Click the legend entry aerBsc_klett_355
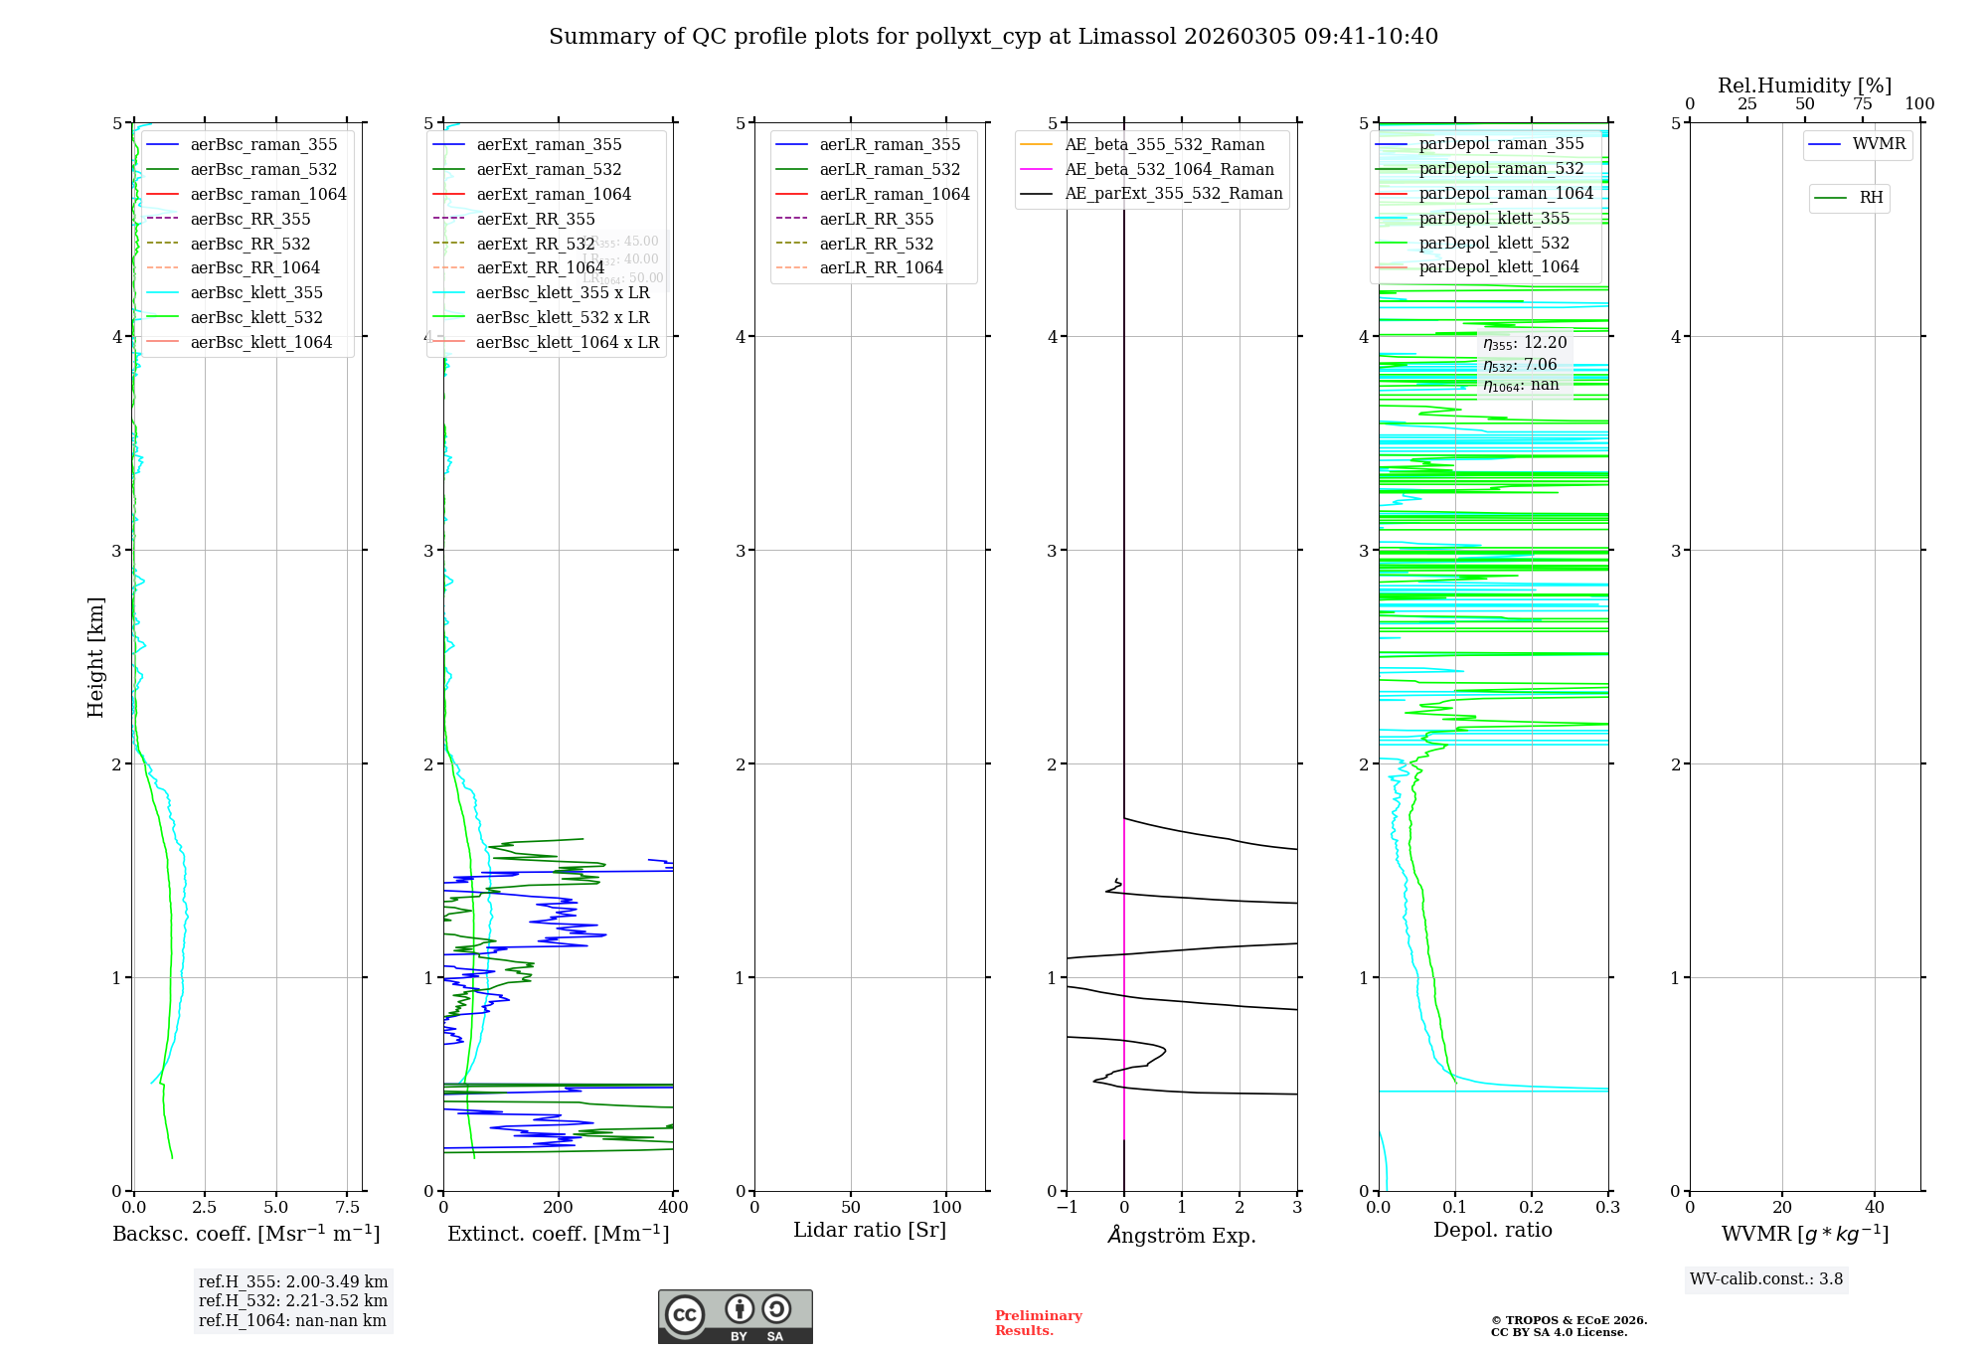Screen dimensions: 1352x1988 pos(256,292)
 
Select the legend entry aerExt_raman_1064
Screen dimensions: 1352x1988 pos(553,194)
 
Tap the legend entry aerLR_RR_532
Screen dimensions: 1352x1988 pos(876,244)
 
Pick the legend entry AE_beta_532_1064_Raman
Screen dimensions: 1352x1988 pos(1169,169)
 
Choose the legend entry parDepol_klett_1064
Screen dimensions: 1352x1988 pos(1498,266)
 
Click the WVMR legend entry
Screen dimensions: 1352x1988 pos(1879,144)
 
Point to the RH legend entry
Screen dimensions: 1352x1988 pos(1871,198)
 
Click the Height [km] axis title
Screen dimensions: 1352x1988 pos(95,656)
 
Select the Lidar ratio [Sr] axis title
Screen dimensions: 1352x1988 pos(870,1230)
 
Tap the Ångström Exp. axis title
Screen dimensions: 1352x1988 pos(1182,1235)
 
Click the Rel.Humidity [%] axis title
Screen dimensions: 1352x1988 pos(1804,85)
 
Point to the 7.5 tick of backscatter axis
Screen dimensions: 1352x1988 pos(348,1208)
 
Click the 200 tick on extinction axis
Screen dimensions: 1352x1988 pos(559,1208)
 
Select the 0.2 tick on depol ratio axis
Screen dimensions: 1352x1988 pos(1532,1208)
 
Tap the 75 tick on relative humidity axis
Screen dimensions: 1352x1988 pos(1863,103)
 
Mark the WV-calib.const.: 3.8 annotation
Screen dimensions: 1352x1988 pos(1766,1279)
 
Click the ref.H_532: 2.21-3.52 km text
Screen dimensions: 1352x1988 pos(293,1300)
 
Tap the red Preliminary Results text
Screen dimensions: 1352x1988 pos(1038,1323)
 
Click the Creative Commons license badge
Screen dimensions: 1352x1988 pos(735,1316)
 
